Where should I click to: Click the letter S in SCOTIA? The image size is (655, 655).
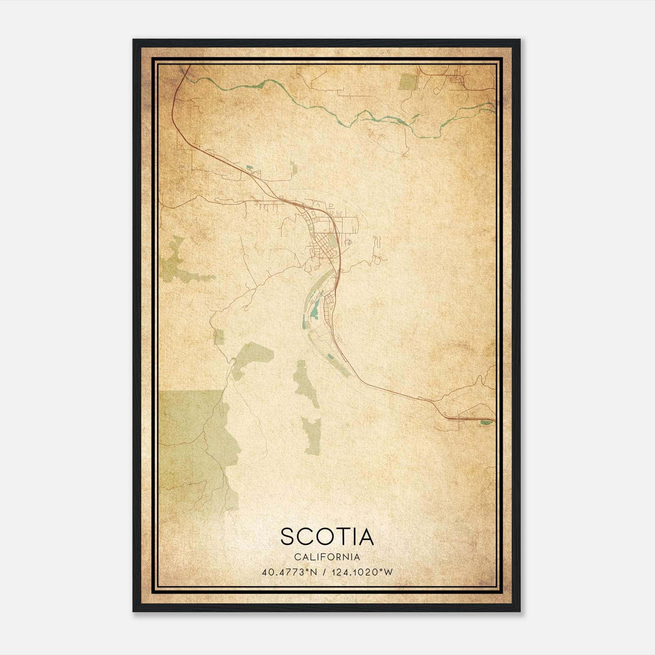[x=289, y=537]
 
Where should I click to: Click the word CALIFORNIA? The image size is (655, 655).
[x=326, y=557]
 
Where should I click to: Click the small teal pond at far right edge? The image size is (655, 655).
[x=486, y=422]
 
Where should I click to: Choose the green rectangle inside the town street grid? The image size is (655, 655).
[x=331, y=242]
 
